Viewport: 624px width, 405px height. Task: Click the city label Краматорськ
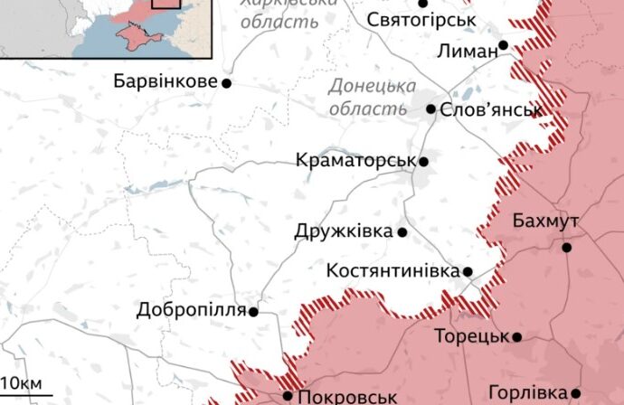pyautogui.click(x=355, y=161)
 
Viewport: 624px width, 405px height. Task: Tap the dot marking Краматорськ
pyautogui.click(x=422, y=162)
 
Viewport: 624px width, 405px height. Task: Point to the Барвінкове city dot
pyautogui.click(x=226, y=83)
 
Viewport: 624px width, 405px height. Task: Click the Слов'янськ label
pyautogui.click(x=491, y=110)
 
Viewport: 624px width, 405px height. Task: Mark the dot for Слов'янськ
pyautogui.click(x=431, y=109)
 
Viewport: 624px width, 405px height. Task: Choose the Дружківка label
pyautogui.click(x=344, y=231)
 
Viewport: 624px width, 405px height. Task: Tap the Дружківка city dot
pyautogui.click(x=402, y=232)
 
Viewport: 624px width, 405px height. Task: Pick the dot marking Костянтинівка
pyautogui.click(x=468, y=271)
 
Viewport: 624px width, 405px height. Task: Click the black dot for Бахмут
pyautogui.click(x=567, y=247)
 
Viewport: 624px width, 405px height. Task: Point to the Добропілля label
pyautogui.click(x=191, y=311)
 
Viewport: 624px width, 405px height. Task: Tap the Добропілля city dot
pyautogui.click(x=253, y=312)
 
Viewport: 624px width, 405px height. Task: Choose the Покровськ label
pyautogui.click(x=347, y=396)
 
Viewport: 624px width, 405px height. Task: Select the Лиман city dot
pyautogui.click(x=503, y=44)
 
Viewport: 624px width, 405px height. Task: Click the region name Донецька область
pyautogui.click(x=367, y=98)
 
